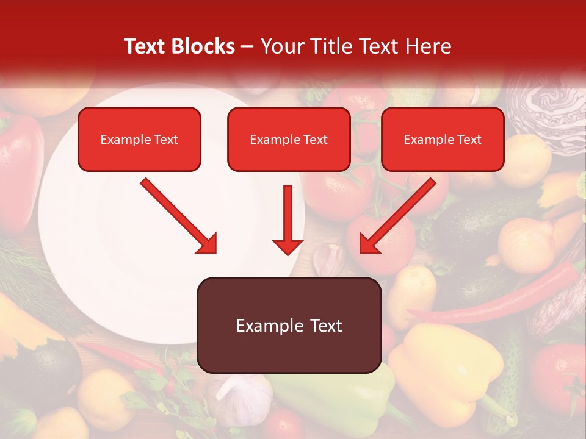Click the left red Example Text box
coord(139,139)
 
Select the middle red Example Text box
coord(289,139)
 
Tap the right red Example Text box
coord(443,139)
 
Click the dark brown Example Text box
coord(289,325)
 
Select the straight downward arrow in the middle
coord(288,220)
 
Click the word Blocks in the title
coord(203,46)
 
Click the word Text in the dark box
coord(324,326)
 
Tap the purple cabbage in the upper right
coord(549,110)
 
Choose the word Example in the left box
coord(119,140)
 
